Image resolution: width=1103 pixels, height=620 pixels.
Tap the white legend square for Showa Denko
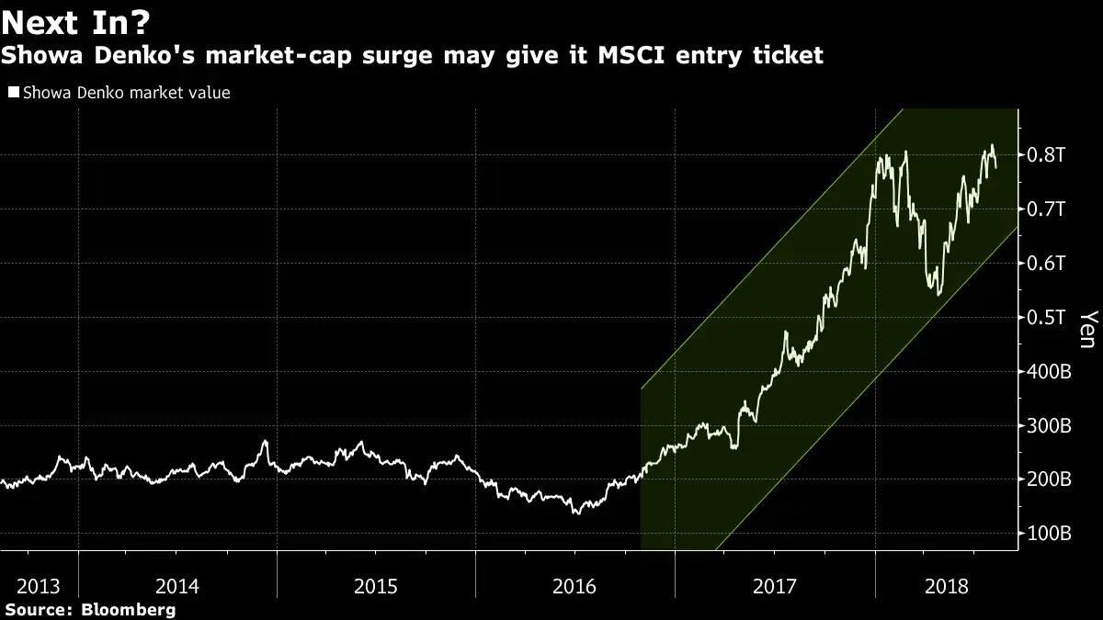point(12,93)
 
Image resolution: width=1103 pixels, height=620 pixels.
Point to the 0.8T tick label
point(1047,155)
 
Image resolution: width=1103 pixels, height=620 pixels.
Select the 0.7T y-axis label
point(1047,209)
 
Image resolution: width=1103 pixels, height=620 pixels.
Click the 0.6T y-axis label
point(1047,264)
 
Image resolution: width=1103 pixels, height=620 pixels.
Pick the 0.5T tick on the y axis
point(1047,318)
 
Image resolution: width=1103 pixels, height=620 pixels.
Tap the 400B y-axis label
point(1049,372)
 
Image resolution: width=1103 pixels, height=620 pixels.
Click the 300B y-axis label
point(1049,426)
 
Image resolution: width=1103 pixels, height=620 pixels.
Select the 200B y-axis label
point(1049,480)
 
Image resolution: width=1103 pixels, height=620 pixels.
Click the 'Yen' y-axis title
point(1086,329)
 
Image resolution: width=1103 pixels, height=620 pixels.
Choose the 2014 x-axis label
point(177,585)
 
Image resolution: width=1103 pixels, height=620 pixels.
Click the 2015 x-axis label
point(376,585)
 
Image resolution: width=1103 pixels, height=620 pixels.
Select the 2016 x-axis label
point(574,585)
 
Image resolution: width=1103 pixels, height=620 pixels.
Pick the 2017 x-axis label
point(774,585)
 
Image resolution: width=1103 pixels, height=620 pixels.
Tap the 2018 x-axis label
point(947,585)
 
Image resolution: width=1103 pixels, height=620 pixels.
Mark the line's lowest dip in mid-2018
point(936,294)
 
